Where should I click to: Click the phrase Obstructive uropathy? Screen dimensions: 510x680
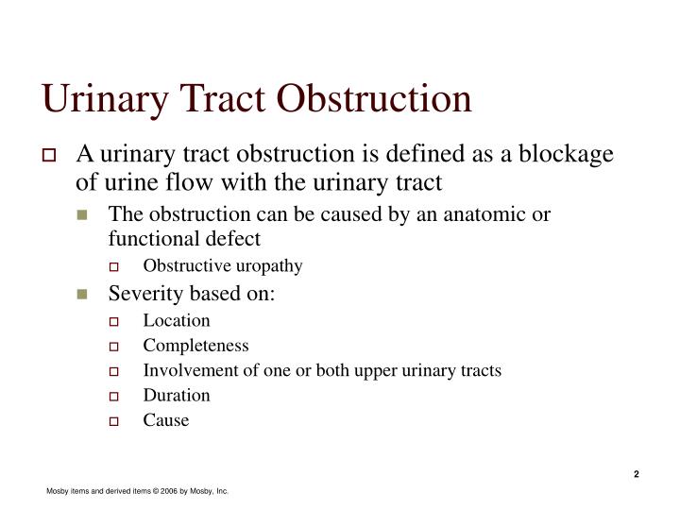223,265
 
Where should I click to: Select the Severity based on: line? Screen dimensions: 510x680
192,293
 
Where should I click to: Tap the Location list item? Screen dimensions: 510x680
177,320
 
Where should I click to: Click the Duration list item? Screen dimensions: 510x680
177,395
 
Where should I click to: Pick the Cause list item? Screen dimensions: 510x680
166,420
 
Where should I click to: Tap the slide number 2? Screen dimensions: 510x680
637,474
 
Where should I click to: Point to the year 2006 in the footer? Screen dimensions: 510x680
170,492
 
